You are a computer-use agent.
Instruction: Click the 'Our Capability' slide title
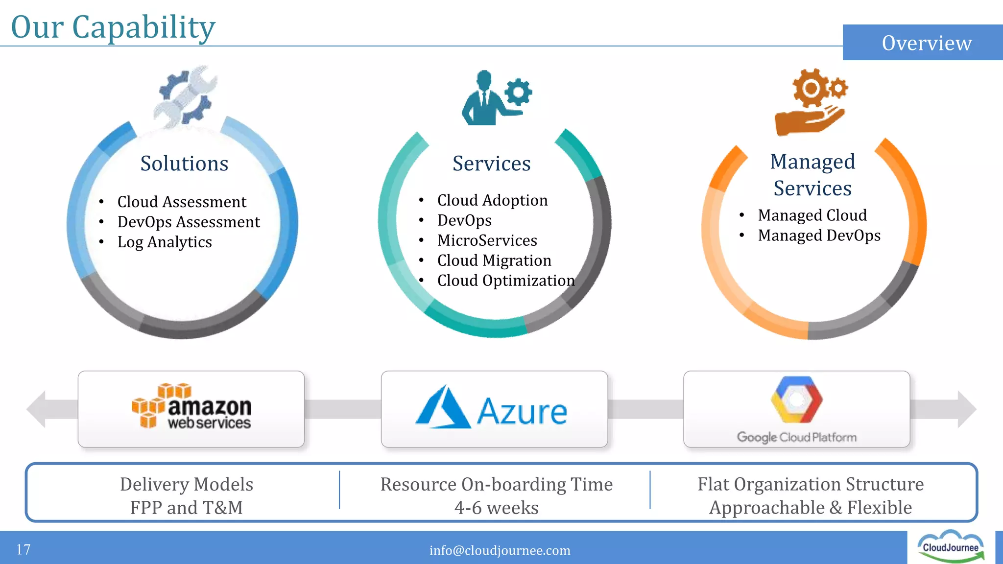click(x=113, y=27)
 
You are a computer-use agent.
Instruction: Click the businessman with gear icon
click(x=495, y=98)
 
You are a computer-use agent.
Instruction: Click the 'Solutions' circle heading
click(x=184, y=164)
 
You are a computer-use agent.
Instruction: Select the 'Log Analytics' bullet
click(x=165, y=242)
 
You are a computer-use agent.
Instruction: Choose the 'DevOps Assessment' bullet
click(x=189, y=222)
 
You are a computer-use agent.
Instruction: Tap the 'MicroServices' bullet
click(x=487, y=240)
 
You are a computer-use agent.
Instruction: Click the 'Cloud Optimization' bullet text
click(x=506, y=281)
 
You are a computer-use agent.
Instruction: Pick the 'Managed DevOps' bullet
click(x=819, y=235)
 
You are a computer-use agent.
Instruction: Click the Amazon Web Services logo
click(x=191, y=407)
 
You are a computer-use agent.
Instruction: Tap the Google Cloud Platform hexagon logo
click(x=796, y=399)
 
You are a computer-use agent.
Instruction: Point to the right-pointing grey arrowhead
click(x=965, y=409)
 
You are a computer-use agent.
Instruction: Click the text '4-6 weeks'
click(x=496, y=508)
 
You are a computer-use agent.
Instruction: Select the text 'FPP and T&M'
click(x=187, y=508)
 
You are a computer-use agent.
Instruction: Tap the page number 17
click(x=24, y=549)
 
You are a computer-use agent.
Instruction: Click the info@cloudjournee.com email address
click(x=500, y=550)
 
